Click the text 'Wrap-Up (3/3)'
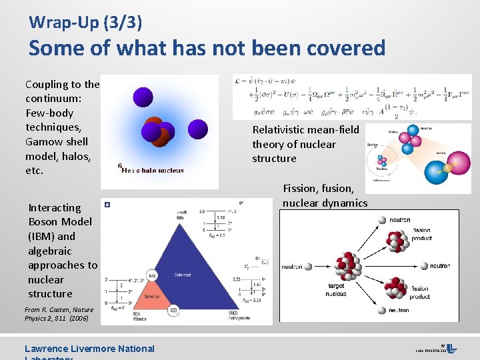coord(85,22)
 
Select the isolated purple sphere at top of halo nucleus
coord(143,97)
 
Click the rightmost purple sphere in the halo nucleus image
coord(197,129)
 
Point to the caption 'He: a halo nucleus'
coord(152,171)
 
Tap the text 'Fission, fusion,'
coord(319,189)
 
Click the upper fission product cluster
coord(398,241)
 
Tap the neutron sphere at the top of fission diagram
coord(383,220)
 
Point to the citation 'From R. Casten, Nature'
coord(59,310)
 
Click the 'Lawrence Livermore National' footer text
coord(89,348)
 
